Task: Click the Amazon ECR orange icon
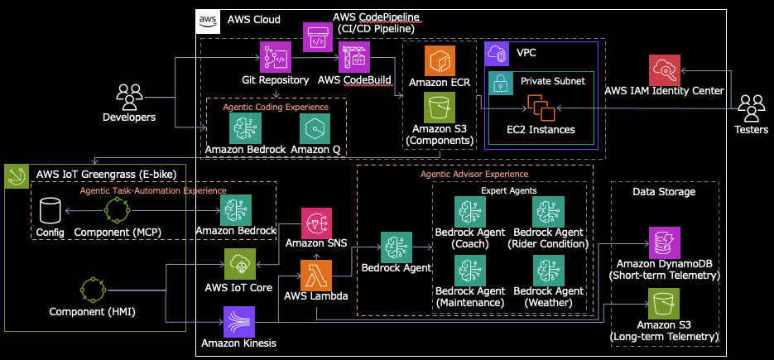(x=440, y=60)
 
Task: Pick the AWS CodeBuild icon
(x=355, y=57)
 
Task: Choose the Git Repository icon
(x=274, y=57)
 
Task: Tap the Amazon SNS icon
(x=315, y=223)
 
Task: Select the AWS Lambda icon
(x=315, y=272)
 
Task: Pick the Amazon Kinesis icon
(x=240, y=320)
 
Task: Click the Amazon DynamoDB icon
(x=665, y=241)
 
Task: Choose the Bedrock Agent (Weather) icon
(x=549, y=271)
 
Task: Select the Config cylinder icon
(x=50, y=213)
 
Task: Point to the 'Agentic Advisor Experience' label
(x=474, y=175)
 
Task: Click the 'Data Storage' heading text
(x=664, y=192)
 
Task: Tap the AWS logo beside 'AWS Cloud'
(x=207, y=19)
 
